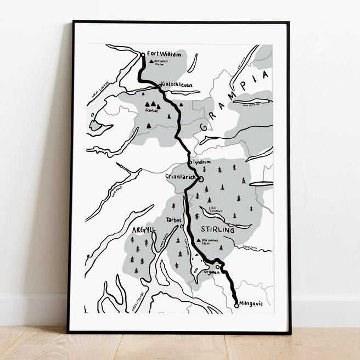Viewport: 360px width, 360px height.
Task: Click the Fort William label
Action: pos(164,54)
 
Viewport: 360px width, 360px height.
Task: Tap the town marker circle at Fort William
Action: pos(143,54)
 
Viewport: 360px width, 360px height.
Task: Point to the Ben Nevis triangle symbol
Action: pos(152,62)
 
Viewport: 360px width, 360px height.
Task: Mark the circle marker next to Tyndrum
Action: pos(190,162)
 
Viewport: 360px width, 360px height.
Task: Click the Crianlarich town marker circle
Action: pos(201,179)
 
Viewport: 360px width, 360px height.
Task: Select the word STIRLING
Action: pos(218,230)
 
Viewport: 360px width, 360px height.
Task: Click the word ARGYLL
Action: pos(144,229)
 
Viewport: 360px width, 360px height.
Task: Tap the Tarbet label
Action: pos(173,220)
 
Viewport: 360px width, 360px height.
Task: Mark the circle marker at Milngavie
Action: pos(237,305)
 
